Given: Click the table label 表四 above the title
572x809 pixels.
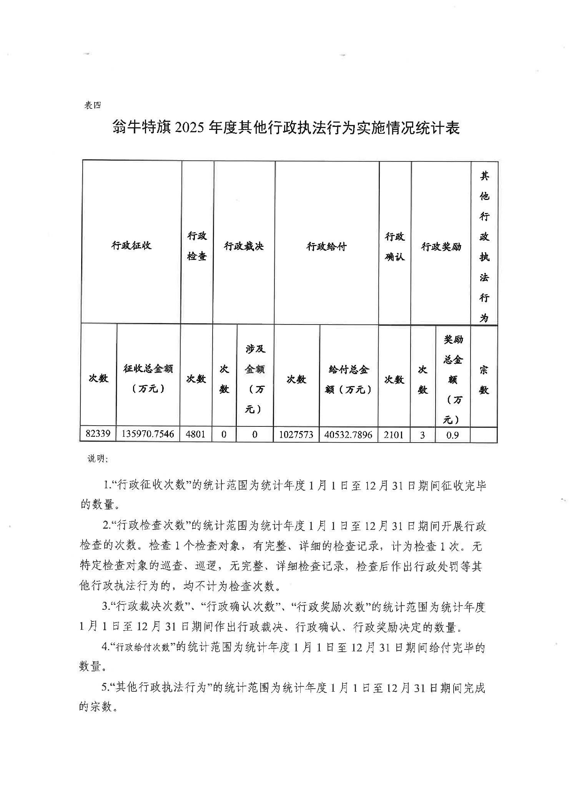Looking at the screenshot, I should [92, 105].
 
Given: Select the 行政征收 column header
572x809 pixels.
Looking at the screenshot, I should [131, 245].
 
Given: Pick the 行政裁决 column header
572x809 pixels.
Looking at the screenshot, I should [244, 246].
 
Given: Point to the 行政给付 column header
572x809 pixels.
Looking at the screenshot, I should [326, 246].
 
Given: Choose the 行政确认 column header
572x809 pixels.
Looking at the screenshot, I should [395, 246].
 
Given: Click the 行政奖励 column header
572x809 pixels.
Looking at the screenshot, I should [441, 246].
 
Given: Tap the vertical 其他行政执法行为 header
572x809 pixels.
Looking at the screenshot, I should [484, 246].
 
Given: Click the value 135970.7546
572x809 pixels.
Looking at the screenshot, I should [148, 434].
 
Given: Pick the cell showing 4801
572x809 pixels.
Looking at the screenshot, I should [196, 434].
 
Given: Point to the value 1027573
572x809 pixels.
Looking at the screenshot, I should [296, 435].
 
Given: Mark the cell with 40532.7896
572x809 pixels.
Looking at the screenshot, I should [348, 435].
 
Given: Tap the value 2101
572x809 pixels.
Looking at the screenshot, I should [394, 435].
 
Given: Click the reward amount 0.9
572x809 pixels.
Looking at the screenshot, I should [453, 435].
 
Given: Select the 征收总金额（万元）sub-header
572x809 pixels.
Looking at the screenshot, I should [148, 378].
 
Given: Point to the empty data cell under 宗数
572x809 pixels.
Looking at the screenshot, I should [484, 435].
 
